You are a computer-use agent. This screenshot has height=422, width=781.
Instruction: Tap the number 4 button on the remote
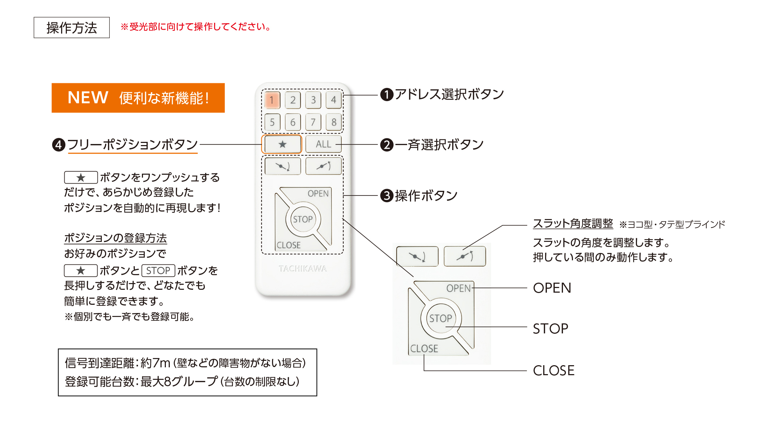tap(333, 100)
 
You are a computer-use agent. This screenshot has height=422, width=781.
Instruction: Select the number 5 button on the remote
tap(272, 122)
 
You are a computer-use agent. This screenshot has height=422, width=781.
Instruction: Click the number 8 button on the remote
tap(333, 122)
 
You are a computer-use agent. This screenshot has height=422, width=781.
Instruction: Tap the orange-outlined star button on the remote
tap(282, 144)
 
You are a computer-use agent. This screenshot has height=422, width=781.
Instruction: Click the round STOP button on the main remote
tap(303, 219)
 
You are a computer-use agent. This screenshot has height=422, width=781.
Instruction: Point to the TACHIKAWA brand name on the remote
tap(302, 269)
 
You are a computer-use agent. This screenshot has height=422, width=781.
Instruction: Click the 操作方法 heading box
tap(71, 28)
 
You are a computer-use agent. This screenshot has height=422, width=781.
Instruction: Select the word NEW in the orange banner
tap(88, 98)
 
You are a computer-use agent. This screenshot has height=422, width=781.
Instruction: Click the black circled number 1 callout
tap(386, 95)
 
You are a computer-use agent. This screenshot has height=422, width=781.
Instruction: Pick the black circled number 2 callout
tap(386, 145)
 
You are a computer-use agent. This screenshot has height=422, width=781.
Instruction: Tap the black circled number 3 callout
tap(386, 196)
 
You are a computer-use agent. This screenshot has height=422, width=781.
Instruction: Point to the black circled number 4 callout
tap(59, 145)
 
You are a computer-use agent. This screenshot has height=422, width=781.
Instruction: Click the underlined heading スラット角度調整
tap(573, 224)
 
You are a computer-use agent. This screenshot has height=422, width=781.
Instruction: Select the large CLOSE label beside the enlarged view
tap(553, 371)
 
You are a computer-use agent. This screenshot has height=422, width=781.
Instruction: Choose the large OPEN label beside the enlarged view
tap(552, 288)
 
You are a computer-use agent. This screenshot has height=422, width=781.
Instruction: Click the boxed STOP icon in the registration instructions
tap(158, 270)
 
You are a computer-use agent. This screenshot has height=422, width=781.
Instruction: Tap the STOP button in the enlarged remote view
tap(441, 318)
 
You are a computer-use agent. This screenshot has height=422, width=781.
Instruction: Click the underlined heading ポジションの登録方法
tap(115, 238)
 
